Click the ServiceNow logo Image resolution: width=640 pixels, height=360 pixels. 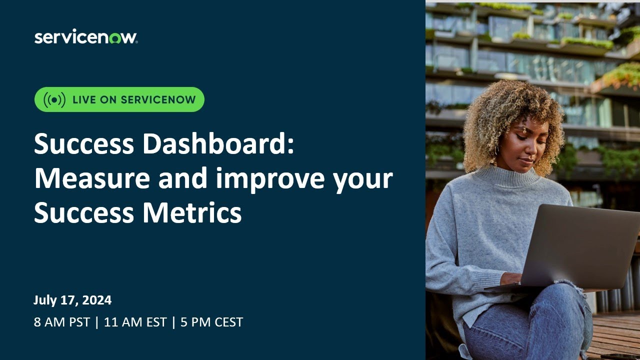point(85,37)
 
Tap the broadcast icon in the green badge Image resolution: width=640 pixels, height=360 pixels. point(54,99)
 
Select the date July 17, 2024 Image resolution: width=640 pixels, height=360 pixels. point(72,300)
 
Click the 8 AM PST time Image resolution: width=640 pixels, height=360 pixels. point(62,322)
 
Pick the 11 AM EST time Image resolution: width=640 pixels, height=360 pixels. point(135,322)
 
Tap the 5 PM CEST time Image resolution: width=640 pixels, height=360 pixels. point(211,322)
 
